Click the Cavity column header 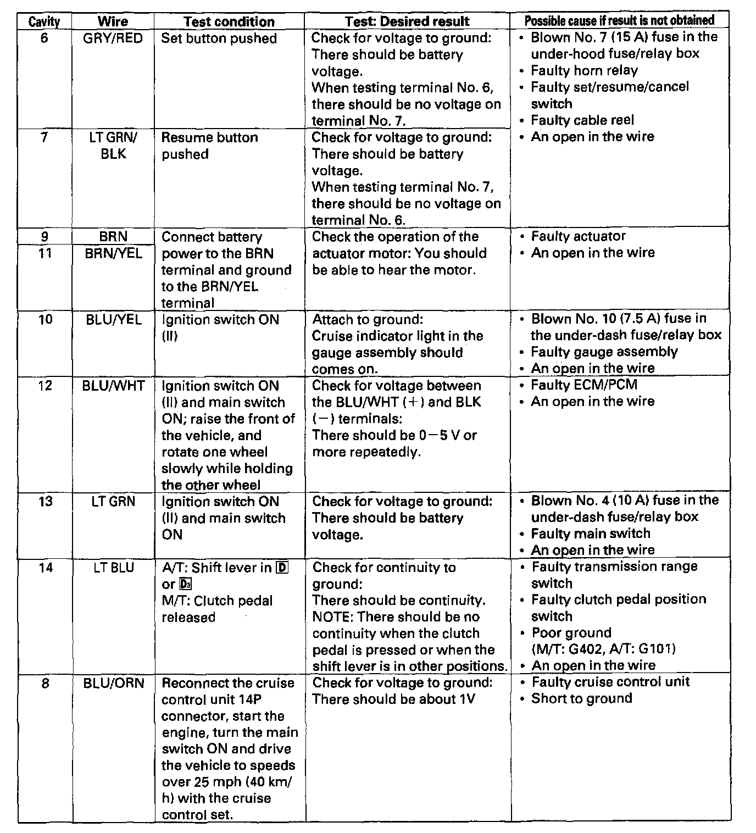click(44, 22)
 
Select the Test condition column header click(229, 22)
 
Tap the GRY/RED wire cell click(113, 38)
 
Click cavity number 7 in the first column click(44, 137)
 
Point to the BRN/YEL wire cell click(113, 253)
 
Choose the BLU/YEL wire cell click(113, 320)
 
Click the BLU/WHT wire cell click(113, 386)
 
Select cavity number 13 click(45, 502)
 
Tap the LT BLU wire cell click(113, 568)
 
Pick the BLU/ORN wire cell click(113, 683)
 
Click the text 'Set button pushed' click(219, 38)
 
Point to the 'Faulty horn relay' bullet click(583, 70)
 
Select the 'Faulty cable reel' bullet click(582, 120)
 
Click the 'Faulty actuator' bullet click(578, 236)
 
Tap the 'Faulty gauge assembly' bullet click(604, 352)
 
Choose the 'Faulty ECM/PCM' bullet click(583, 385)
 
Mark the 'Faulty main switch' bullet click(590, 534)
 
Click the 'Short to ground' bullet click(581, 698)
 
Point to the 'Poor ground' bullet click(571, 633)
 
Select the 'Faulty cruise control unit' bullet click(610, 682)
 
